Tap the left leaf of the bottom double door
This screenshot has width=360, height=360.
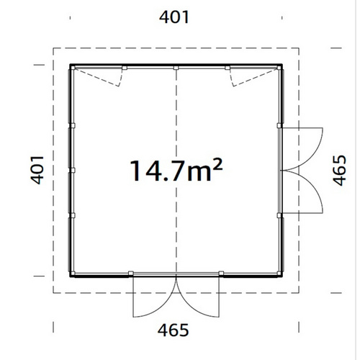click(153, 298)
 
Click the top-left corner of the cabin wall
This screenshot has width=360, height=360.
click(71, 66)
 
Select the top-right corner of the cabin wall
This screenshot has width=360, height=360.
click(282, 66)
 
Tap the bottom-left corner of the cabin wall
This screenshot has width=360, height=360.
click(71, 275)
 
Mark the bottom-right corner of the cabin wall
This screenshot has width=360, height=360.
click(282, 275)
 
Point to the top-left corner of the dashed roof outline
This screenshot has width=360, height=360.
click(54, 48)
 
